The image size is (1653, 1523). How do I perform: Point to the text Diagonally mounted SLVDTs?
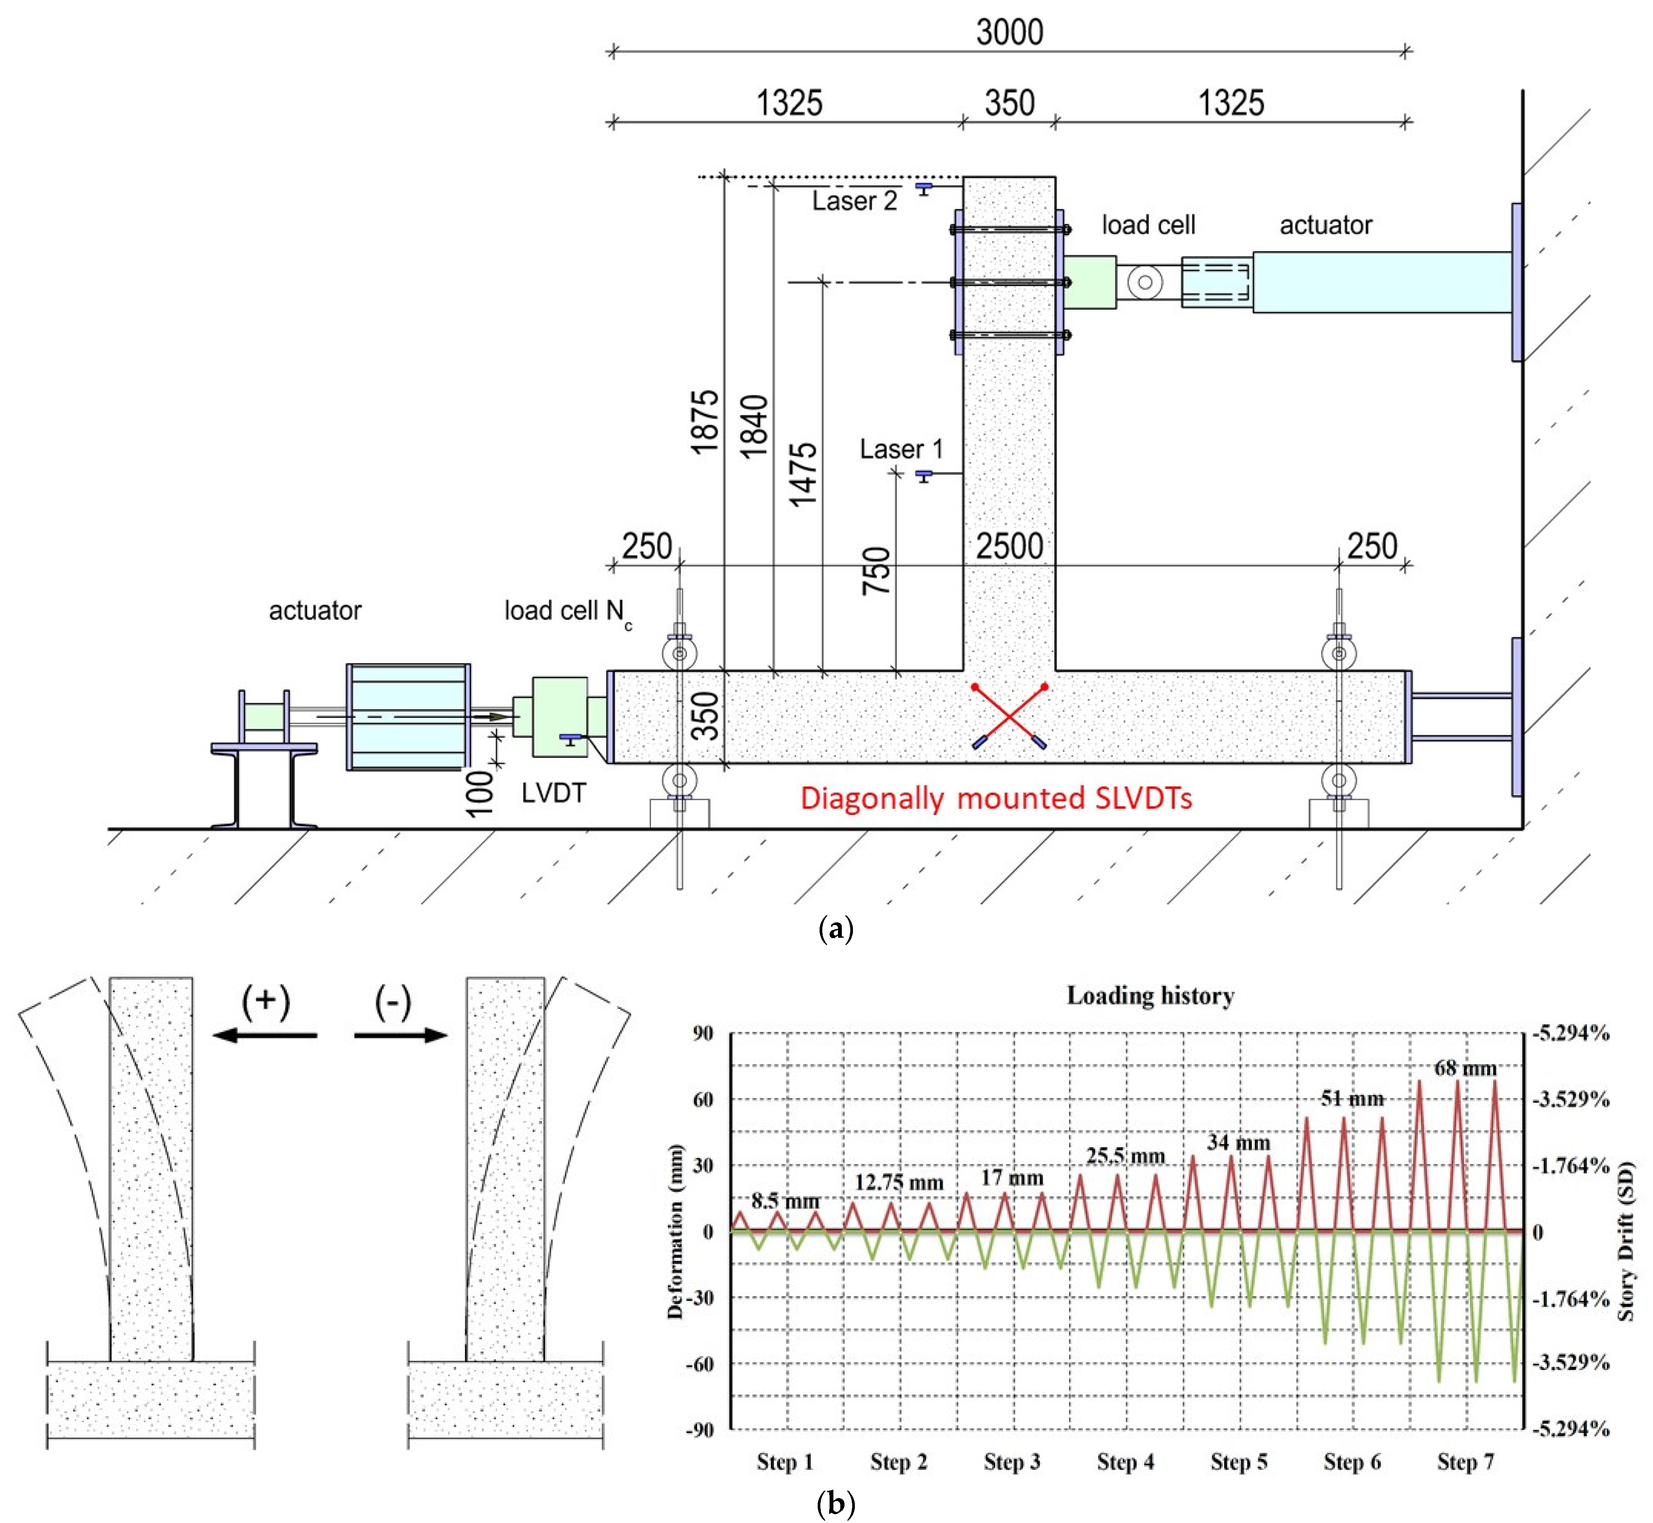click(x=995, y=798)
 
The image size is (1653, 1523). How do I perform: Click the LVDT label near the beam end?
click(x=553, y=793)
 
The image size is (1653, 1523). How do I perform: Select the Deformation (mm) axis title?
click(x=676, y=1231)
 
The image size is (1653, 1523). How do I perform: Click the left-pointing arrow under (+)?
click(x=264, y=1035)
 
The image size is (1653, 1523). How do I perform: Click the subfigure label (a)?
click(x=836, y=929)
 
